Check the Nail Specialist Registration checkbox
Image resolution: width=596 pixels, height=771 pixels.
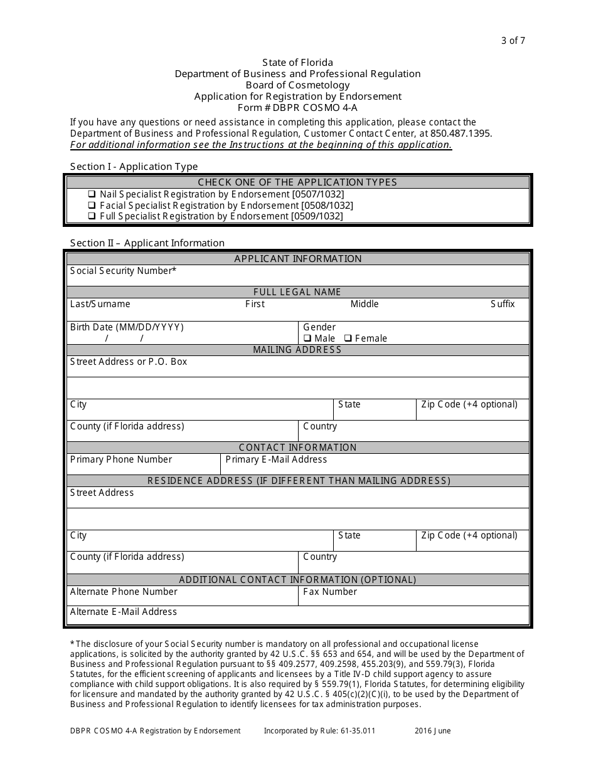92,194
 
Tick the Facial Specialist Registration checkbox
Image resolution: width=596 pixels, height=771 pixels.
92,206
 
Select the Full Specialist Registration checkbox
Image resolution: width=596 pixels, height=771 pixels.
92,216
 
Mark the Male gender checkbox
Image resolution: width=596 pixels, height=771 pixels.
307,338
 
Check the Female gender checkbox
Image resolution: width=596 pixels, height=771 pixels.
348,338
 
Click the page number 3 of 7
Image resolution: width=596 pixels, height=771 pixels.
513,41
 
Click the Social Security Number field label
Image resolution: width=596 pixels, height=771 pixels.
123,271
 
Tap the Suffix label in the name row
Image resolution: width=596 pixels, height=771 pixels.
502,304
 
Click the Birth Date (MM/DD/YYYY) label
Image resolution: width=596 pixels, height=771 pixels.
127,327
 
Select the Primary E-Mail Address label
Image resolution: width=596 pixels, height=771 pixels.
276,459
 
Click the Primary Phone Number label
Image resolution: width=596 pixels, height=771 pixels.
121,459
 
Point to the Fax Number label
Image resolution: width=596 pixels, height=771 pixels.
330,592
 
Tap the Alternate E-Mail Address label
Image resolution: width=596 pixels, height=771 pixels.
124,612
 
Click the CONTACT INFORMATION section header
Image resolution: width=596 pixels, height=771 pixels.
297,448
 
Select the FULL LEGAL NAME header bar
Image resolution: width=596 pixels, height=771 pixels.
297,292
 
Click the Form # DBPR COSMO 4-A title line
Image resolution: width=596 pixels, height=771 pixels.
297,107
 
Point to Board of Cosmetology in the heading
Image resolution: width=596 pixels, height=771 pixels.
297,85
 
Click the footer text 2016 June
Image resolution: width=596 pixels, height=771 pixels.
432,731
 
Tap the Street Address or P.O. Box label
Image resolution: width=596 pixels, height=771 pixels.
129,362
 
